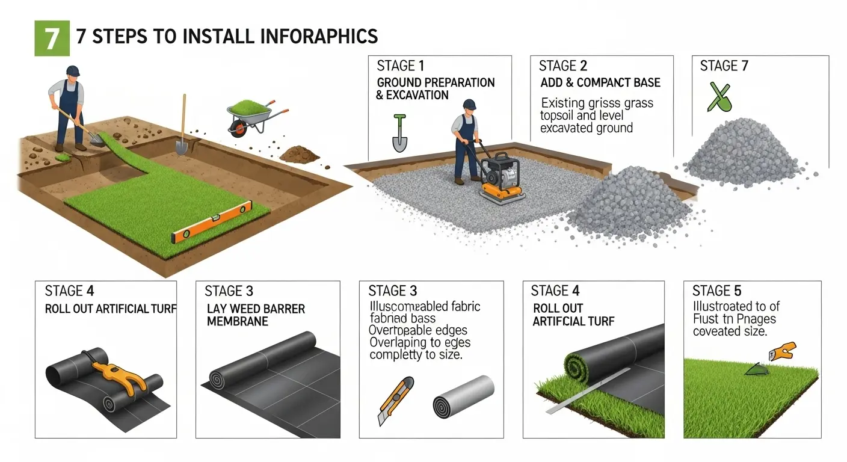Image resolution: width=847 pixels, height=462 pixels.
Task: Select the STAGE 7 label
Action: (724, 66)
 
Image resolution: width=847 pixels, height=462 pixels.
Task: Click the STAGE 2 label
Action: (563, 66)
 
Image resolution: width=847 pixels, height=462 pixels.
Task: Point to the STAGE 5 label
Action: (716, 292)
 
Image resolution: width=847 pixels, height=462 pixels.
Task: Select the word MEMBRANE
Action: (237, 322)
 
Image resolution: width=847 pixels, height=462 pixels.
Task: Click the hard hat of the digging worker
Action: (73, 71)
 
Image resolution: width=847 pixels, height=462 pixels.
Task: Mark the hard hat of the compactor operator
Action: (469, 105)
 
